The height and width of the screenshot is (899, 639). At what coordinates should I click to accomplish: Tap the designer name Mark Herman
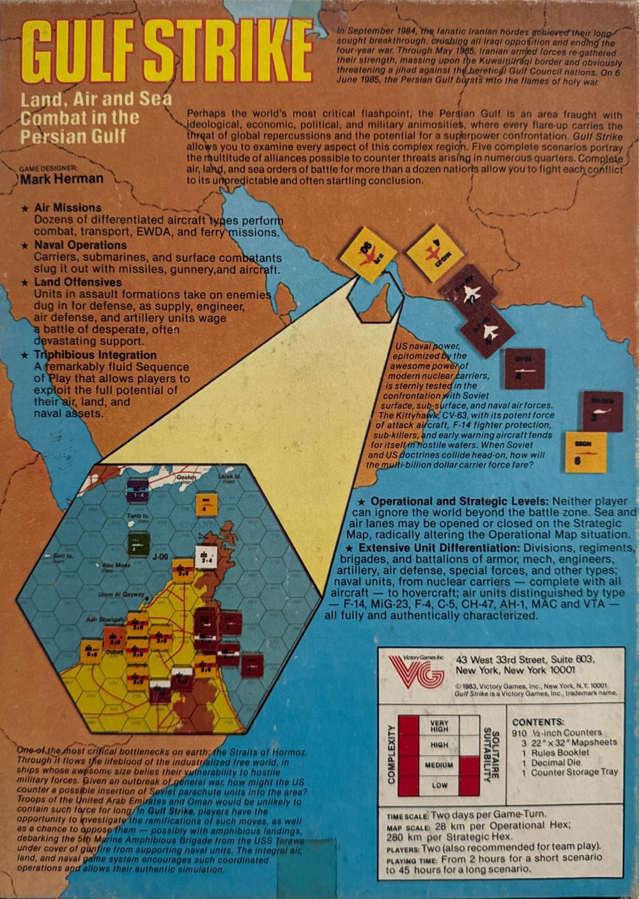[x=61, y=179]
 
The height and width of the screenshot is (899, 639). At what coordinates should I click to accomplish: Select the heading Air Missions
[x=68, y=208]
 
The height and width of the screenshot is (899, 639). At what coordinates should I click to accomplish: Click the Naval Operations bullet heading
[x=81, y=245]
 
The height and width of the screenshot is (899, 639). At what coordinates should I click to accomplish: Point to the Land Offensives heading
[x=78, y=282]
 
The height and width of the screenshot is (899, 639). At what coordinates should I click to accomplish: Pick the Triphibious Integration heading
[x=95, y=355]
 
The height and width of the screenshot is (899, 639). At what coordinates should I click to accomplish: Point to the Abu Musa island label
[x=116, y=565]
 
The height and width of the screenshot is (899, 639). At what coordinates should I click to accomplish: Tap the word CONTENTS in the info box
[x=538, y=721]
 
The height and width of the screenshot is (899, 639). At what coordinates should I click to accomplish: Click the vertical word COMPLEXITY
[x=392, y=755]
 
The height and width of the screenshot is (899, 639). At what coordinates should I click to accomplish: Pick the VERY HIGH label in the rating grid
[x=440, y=726]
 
